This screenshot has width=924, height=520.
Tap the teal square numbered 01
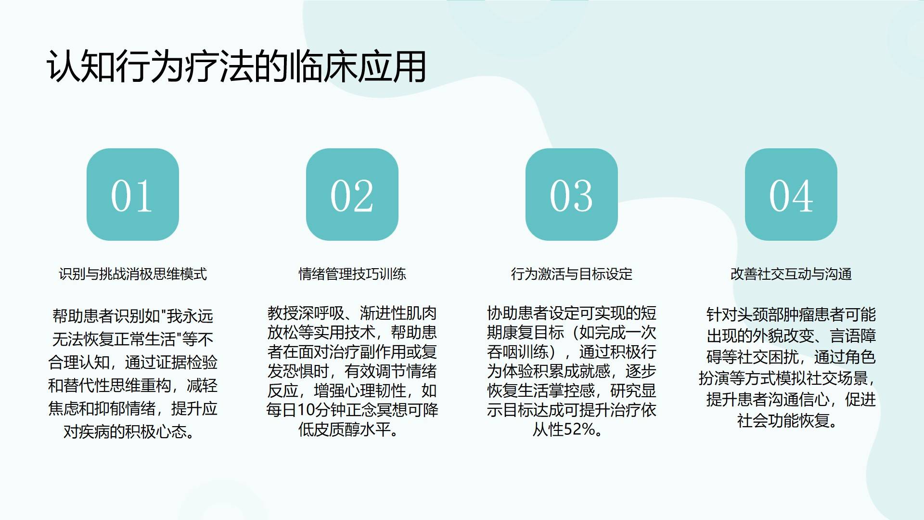pos(133,195)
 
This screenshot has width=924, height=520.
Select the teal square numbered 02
pos(352,195)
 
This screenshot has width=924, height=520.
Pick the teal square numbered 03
pos(572,195)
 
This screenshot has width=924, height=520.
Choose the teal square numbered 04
pos(791,195)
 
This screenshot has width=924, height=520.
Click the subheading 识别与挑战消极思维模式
pos(133,274)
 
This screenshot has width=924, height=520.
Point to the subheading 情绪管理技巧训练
pos(352,274)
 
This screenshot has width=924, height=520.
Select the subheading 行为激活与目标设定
pos(572,274)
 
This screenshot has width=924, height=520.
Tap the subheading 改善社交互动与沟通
pos(791,274)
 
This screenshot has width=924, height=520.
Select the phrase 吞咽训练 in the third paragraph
pos(518,352)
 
